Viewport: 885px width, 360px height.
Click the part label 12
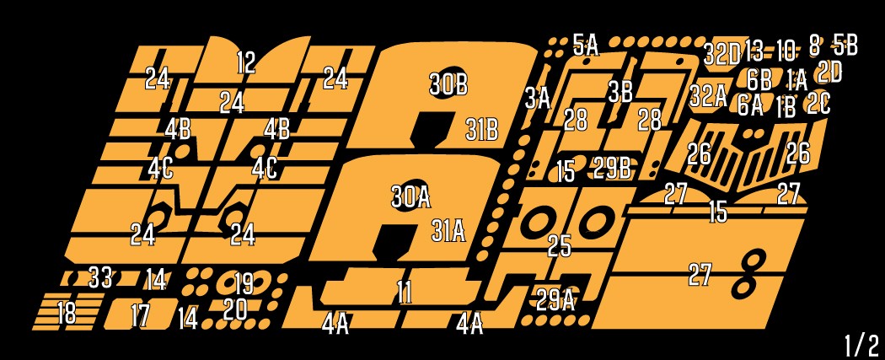click(x=246, y=62)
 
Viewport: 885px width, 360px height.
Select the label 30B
click(x=448, y=84)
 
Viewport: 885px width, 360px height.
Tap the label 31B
click(x=482, y=130)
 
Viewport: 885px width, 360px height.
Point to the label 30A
click(x=411, y=197)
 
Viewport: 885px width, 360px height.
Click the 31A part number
click(x=448, y=230)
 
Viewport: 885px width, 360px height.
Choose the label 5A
click(x=585, y=45)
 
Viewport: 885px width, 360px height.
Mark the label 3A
click(x=538, y=99)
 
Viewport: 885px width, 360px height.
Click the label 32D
click(x=721, y=54)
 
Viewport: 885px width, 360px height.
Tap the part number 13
click(x=754, y=51)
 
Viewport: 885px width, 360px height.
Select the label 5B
click(x=845, y=46)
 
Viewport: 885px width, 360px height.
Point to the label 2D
click(x=829, y=73)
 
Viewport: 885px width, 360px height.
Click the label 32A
click(x=708, y=96)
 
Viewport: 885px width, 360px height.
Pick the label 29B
click(x=612, y=167)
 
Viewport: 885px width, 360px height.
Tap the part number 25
click(x=560, y=245)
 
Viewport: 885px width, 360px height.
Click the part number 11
click(x=404, y=292)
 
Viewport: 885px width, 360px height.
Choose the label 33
click(x=100, y=277)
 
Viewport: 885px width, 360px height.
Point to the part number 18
click(x=67, y=313)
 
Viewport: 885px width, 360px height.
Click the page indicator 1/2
click(x=861, y=345)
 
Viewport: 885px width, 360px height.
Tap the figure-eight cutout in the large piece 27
click(x=749, y=275)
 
